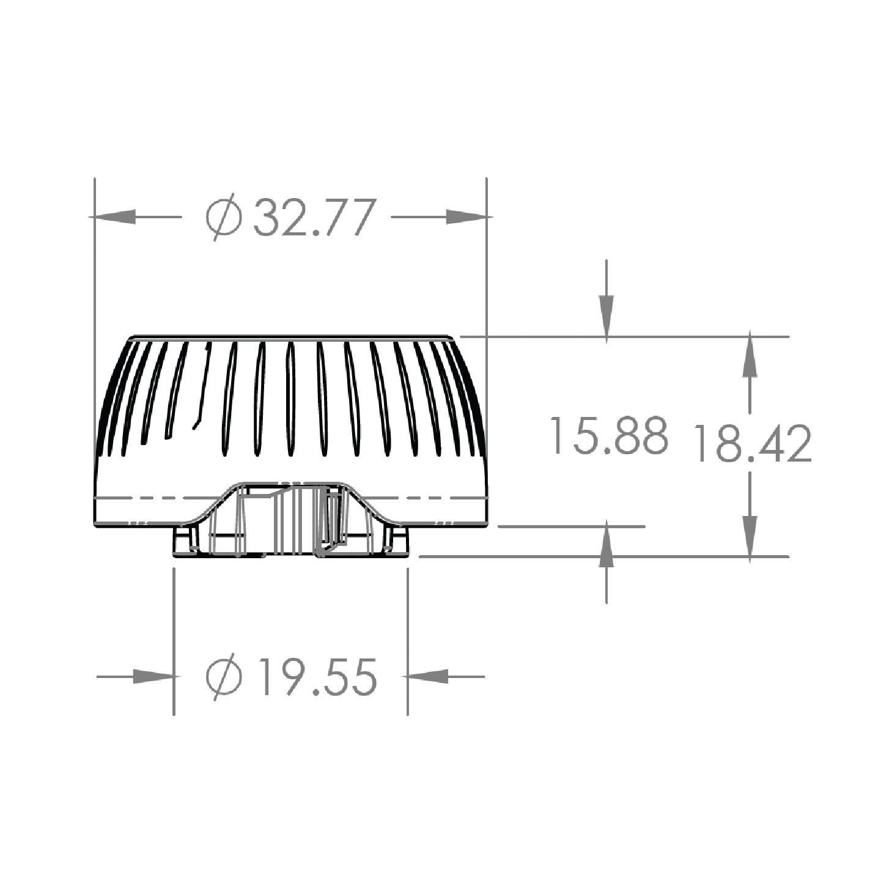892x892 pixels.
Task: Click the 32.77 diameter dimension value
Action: [x=314, y=217]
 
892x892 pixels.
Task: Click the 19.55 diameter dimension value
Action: [x=317, y=677]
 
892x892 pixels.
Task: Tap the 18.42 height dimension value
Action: [x=753, y=443]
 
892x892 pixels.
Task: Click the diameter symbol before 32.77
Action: [x=224, y=217]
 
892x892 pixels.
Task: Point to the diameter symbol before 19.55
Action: [x=224, y=677]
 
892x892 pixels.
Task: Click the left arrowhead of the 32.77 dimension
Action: [x=112, y=216]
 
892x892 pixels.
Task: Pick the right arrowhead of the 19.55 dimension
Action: [x=426, y=676]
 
